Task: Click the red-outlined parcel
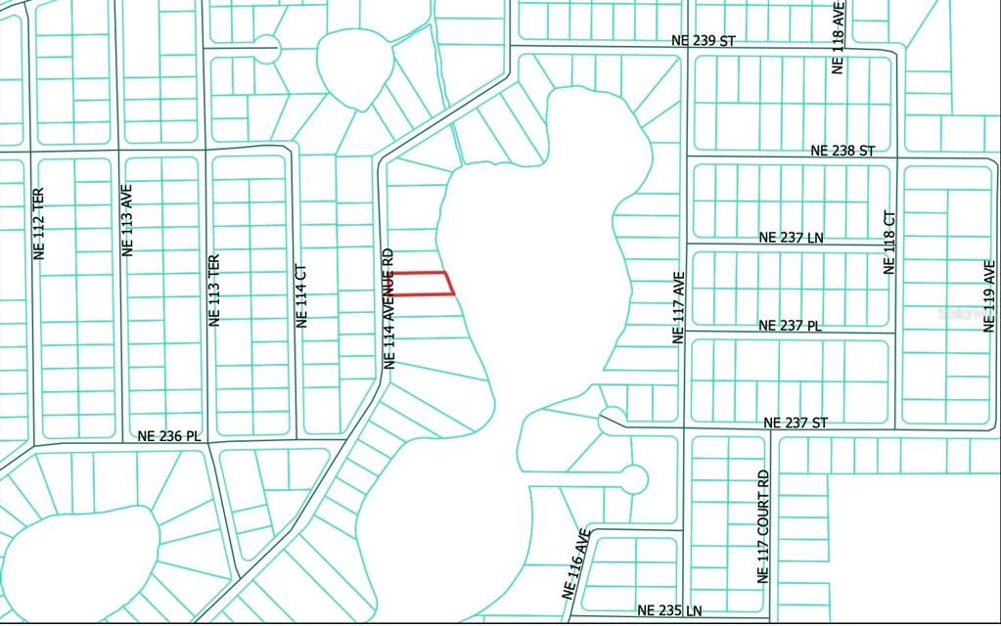click(x=422, y=283)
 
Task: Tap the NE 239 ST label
click(x=703, y=41)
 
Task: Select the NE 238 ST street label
click(x=842, y=151)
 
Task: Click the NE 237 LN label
click(x=792, y=238)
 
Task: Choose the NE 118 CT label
click(x=889, y=242)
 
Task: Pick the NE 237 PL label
click(x=791, y=326)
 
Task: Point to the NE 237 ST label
click(x=795, y=423)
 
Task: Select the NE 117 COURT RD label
click(x=763, y=526)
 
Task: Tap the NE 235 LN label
click(x=669, y=610)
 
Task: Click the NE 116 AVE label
click(x=576, y=563)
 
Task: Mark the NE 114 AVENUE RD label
click(x=388, y=307)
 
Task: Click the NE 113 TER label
click(x=214, y=291)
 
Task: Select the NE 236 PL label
click(x=169, y=436)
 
